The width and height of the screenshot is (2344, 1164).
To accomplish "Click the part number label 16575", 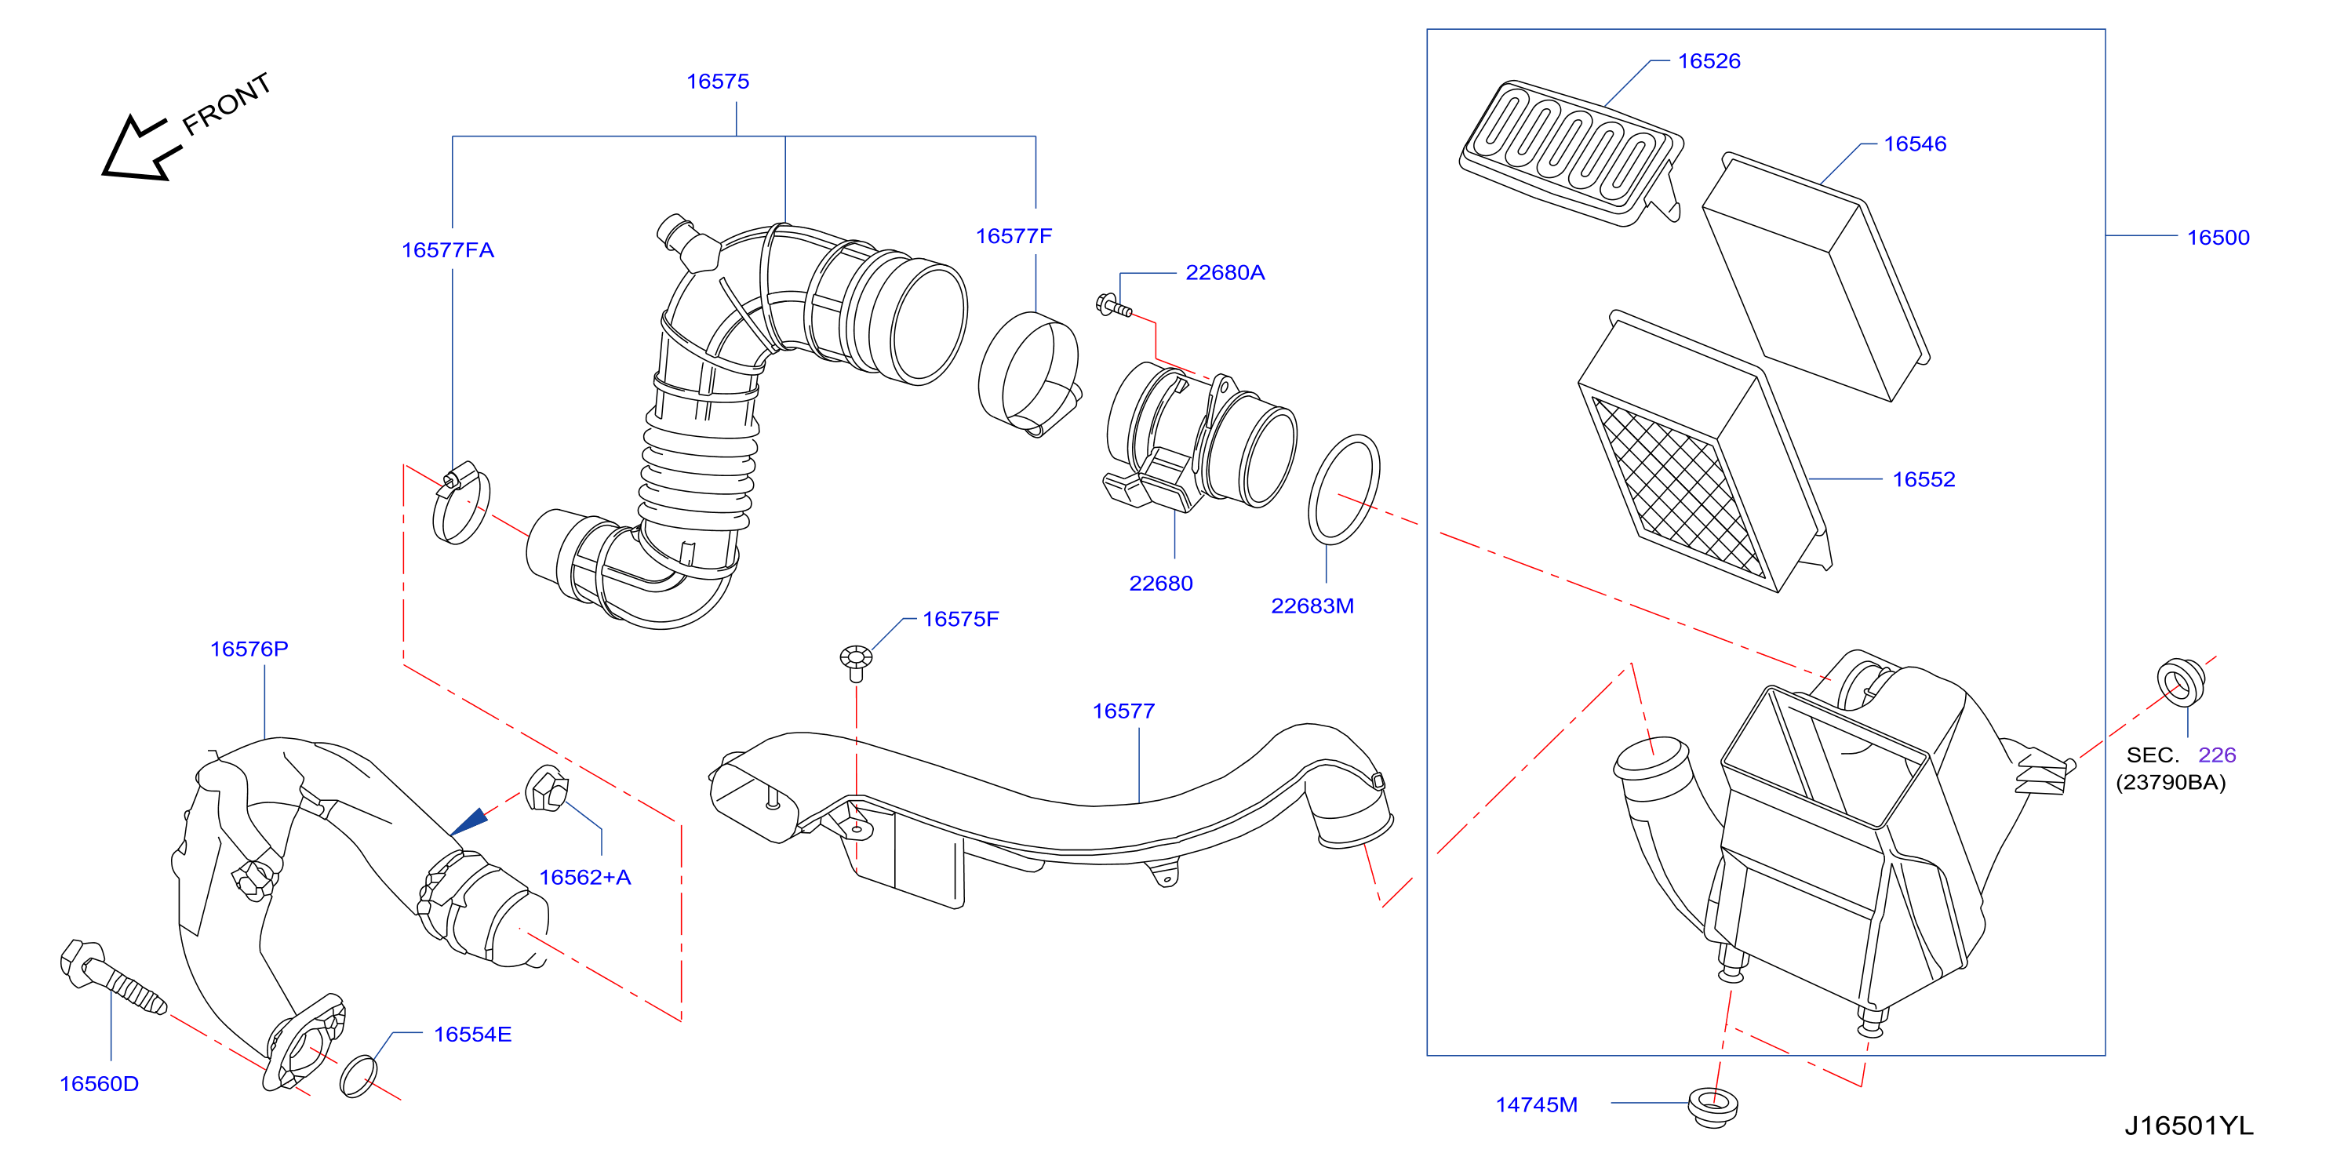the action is (x=717, y=81).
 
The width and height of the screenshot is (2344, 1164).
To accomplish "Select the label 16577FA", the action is (x=448, y=249).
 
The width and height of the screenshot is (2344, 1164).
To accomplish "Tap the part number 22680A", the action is (x=1225, y=272).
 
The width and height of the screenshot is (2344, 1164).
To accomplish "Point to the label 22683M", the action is (x=1312, y=606).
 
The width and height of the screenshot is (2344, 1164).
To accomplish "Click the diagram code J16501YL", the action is (x=2189, y=1126).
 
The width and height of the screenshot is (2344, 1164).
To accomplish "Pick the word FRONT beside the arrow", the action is (x=227, y=104).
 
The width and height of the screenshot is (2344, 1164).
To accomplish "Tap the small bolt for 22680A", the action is (x=1114, y=306).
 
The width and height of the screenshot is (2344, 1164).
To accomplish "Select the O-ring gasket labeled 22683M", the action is (x=1344, y=489).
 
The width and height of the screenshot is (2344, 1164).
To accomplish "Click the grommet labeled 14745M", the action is (x=1713, y=1108).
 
